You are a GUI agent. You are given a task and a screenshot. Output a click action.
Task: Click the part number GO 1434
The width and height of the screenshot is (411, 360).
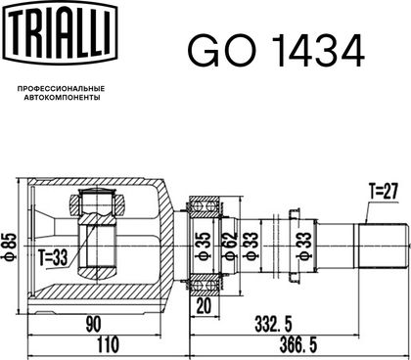[x=276, y=51]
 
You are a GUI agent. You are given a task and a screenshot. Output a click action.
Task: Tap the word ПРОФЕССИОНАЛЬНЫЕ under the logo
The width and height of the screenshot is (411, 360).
[x=61, y=88]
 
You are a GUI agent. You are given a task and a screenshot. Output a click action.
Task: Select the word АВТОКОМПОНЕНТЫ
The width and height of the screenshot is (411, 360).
[x=62, y=98]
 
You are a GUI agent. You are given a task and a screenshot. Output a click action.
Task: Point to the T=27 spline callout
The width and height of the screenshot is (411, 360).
[x=383, y=191]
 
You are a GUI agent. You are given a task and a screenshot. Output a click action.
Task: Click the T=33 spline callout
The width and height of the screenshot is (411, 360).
[x=53, y=257]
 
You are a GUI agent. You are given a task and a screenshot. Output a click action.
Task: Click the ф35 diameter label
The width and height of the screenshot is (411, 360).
[x=203, y=246]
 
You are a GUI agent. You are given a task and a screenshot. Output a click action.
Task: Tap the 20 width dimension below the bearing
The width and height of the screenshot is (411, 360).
[x=205, y=305]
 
